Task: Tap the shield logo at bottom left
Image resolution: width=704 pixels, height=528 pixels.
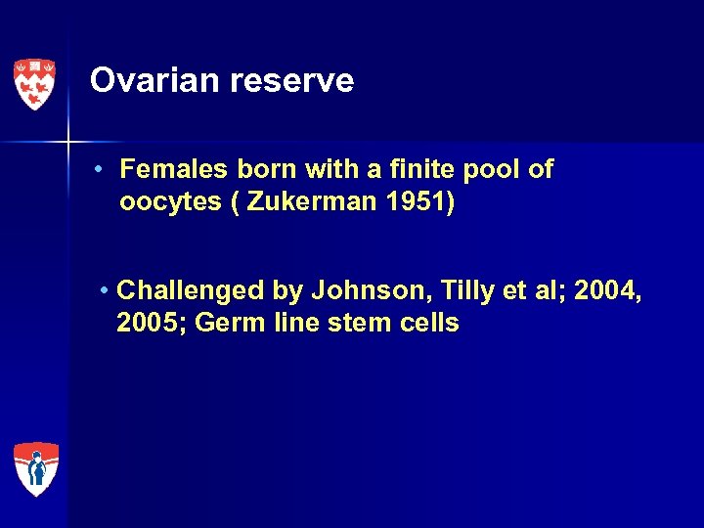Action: (35, 468)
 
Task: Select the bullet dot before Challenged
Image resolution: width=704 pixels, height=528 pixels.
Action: (106, 291)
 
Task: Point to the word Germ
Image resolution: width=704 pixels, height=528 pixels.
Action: (226, 324)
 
